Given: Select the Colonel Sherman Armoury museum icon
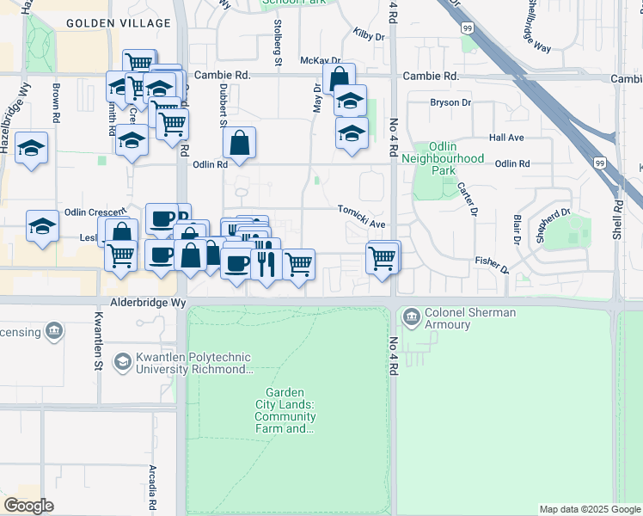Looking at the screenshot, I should click(411, 318).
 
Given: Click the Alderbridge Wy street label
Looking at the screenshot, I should click(148, 304).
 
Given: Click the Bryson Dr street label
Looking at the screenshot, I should click(450, 102).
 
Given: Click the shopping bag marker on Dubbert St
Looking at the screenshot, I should click(242, 144).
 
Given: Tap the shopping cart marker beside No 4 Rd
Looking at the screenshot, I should click(383, 256).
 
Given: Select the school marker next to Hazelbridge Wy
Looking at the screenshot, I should click(32, 148).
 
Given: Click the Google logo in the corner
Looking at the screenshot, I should click(28, 506).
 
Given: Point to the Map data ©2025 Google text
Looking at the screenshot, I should click(589, 509).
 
